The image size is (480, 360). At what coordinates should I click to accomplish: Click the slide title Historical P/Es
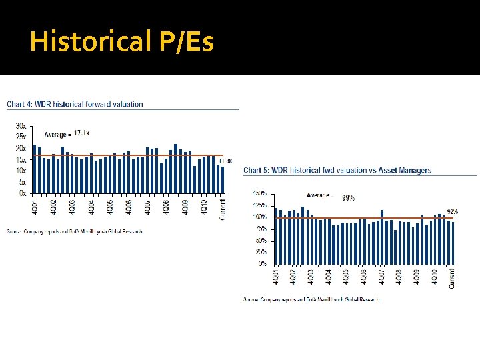[122, 42]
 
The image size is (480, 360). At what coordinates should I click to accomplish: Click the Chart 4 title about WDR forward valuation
[75, 104]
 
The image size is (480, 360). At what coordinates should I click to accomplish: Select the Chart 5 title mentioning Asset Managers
[337, 171]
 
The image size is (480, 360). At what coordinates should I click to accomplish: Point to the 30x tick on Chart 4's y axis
[21, 125]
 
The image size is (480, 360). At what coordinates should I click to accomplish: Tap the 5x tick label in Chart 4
[22, 182]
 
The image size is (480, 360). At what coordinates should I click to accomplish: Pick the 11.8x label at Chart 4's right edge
[225, 161]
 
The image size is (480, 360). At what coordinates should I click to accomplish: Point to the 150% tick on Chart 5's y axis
[259, 193]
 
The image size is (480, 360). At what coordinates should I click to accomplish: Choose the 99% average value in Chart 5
[348, 197]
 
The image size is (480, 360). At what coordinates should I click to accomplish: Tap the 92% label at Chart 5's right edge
[452, 211]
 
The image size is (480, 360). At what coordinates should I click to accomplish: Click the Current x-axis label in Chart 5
[451, 279]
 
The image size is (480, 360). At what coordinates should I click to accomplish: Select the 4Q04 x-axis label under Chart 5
[328, 277]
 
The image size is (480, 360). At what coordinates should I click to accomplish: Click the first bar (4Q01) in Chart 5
[276, 236]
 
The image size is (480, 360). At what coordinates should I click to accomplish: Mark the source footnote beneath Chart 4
[74, 231]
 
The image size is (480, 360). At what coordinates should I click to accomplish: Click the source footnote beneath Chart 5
[311, 299]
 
